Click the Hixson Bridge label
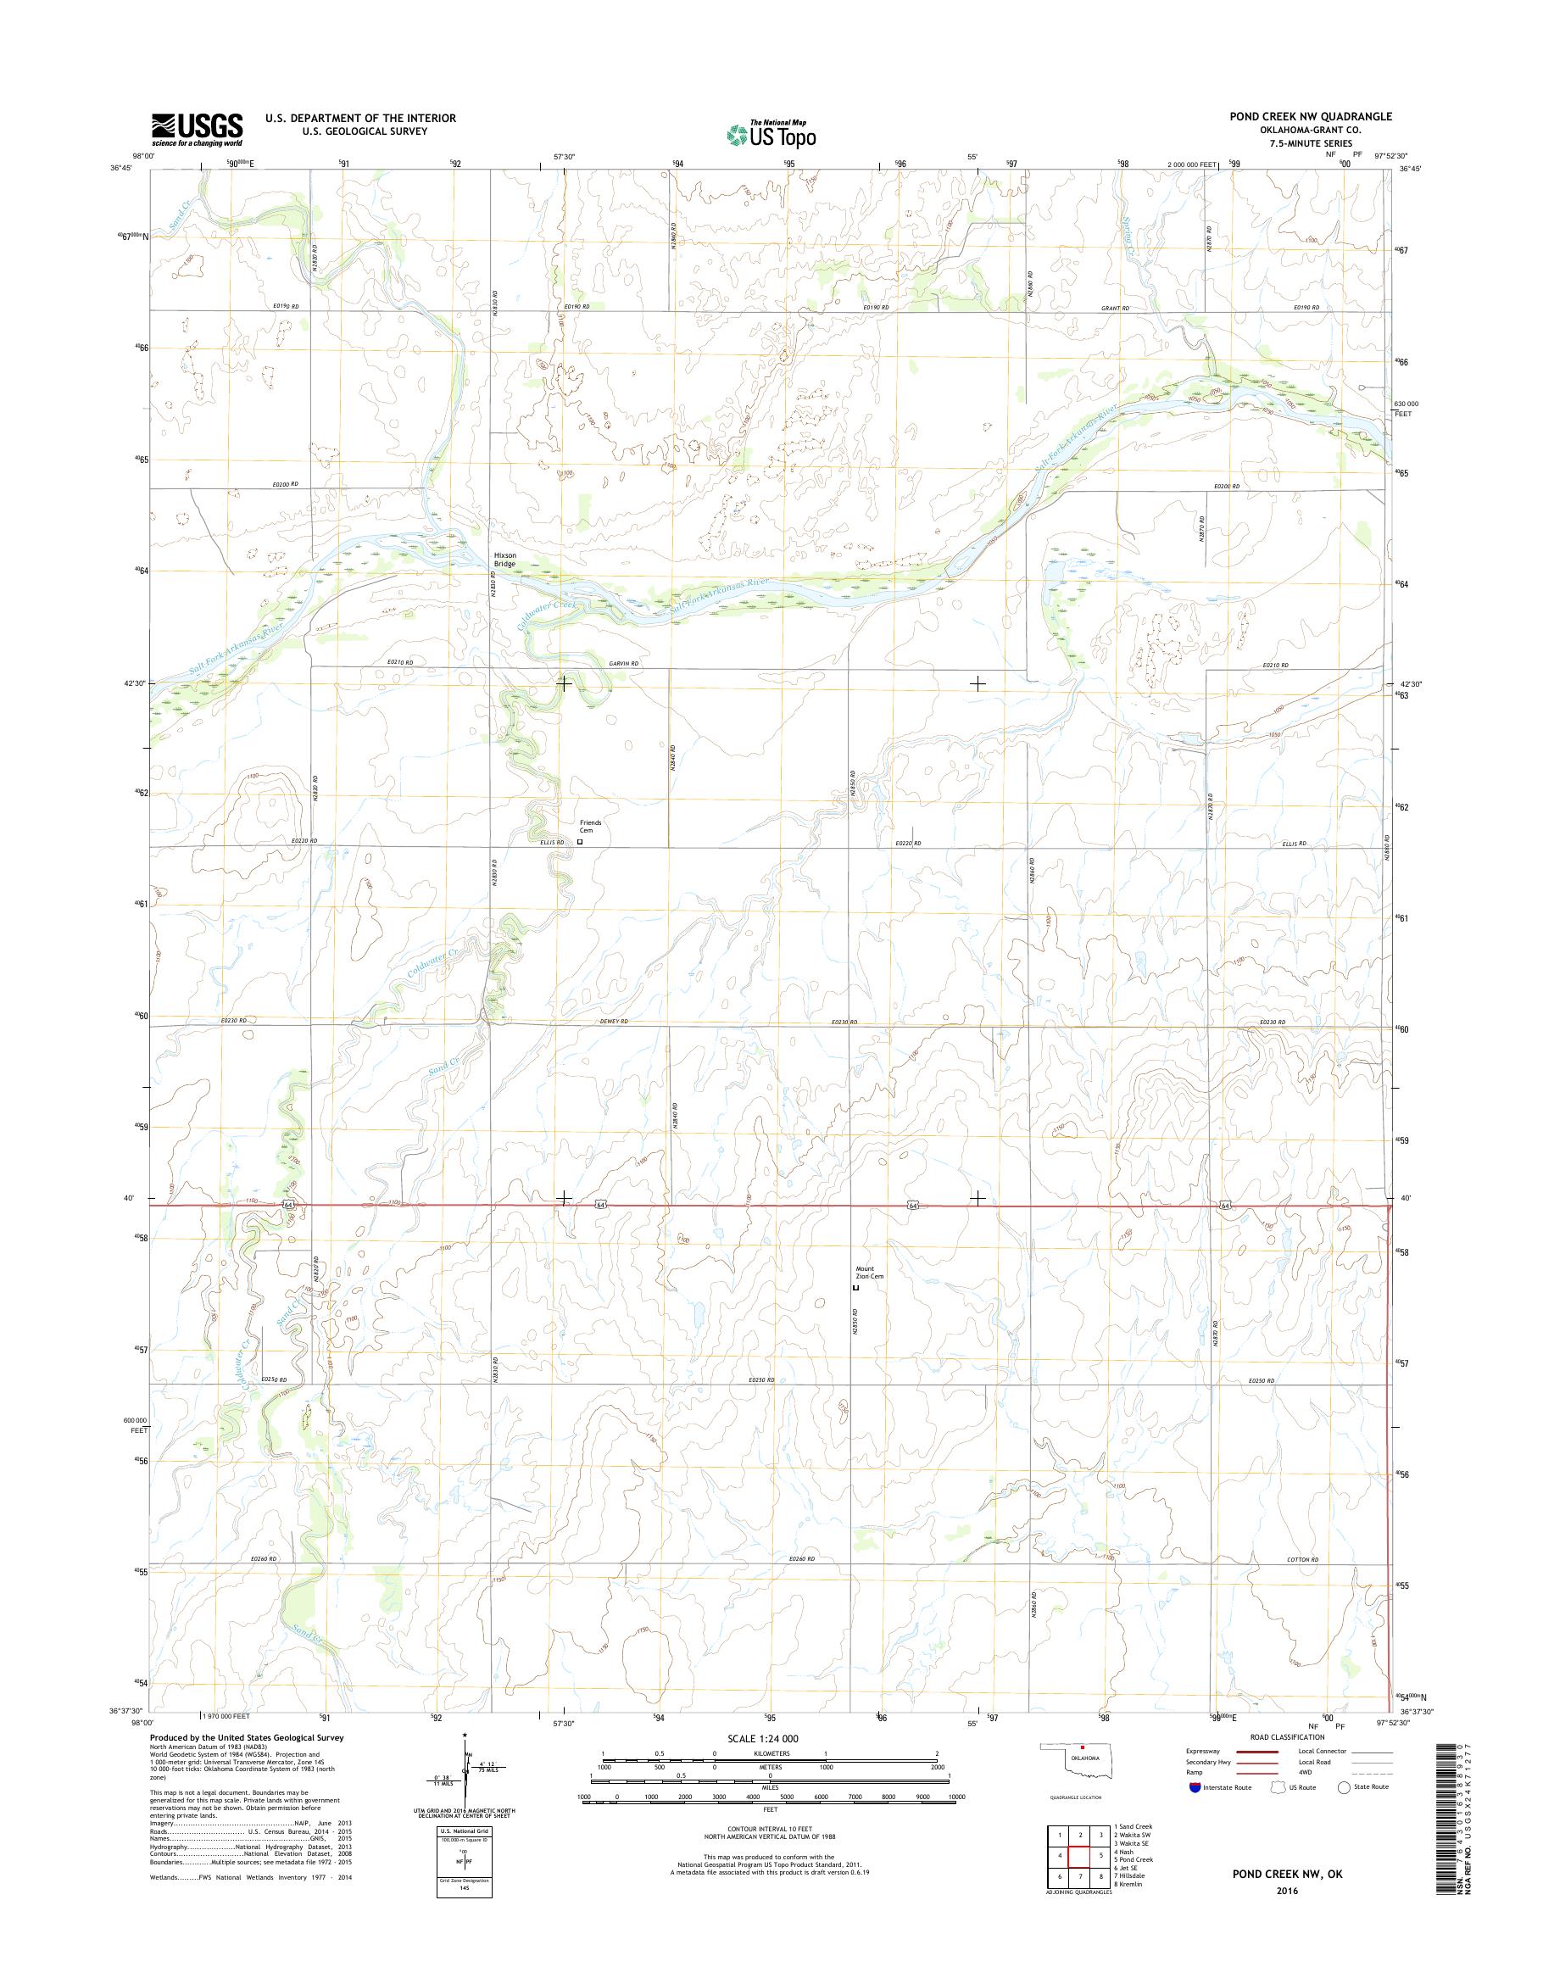(x=504, y=560)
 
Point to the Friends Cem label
(x=590, y=827)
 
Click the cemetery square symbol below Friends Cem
(x=580, y=842)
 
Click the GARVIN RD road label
(x=622, y=664)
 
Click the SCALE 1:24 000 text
(x=762, y=1738)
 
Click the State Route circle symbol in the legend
(x=1344, y=1786)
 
